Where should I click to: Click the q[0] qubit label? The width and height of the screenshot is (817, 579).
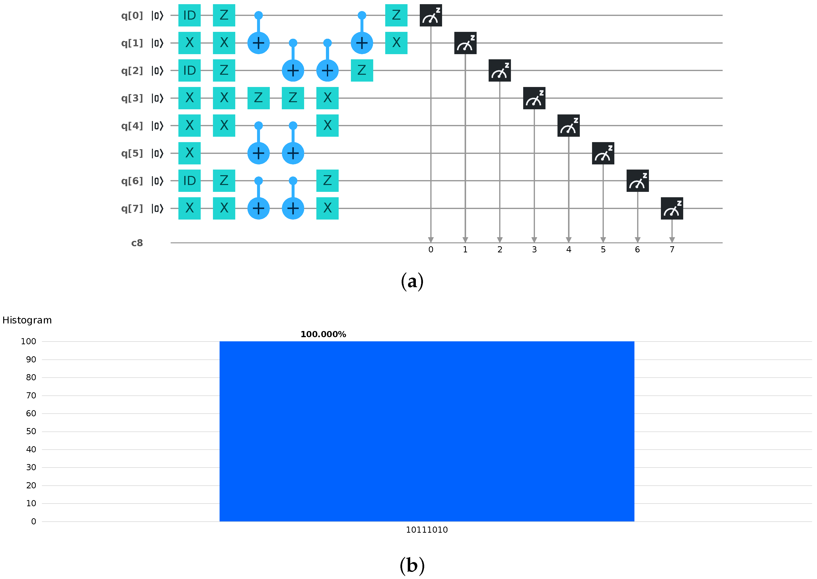132,16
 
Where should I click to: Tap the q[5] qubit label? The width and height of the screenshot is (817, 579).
132,153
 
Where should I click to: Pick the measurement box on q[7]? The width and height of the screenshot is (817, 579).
672,208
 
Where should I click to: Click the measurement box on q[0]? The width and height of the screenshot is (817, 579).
431,16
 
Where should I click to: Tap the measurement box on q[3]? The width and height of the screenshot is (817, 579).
534,98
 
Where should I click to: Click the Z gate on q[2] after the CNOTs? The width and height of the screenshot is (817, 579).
362,71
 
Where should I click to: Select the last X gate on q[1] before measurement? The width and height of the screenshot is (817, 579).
396,43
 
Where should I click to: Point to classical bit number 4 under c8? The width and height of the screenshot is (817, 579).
569,250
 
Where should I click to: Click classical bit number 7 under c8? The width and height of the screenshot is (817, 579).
672,250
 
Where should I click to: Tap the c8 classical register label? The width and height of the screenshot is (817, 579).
137,243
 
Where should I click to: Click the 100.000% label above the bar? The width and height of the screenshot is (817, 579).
323,334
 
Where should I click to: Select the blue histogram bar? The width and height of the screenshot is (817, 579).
427,431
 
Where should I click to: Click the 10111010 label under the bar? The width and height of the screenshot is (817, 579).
427,530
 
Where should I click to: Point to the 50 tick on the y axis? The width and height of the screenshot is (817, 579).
31,431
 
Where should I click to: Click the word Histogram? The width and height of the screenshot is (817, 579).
27,320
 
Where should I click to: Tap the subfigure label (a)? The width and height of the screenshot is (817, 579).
412,282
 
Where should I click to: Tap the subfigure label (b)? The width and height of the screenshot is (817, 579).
412,566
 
